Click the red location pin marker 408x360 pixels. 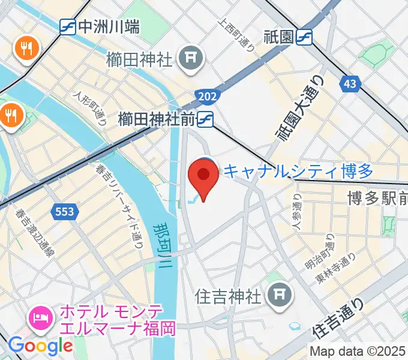pyautogui.click(x=203, y=178)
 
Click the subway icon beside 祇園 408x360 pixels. pyautogui.click(x=305, y=37)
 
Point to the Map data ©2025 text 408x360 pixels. pyautogui.click(x=358, y=350)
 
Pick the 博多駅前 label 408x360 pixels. pyautogui.click(x=377, y=198)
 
